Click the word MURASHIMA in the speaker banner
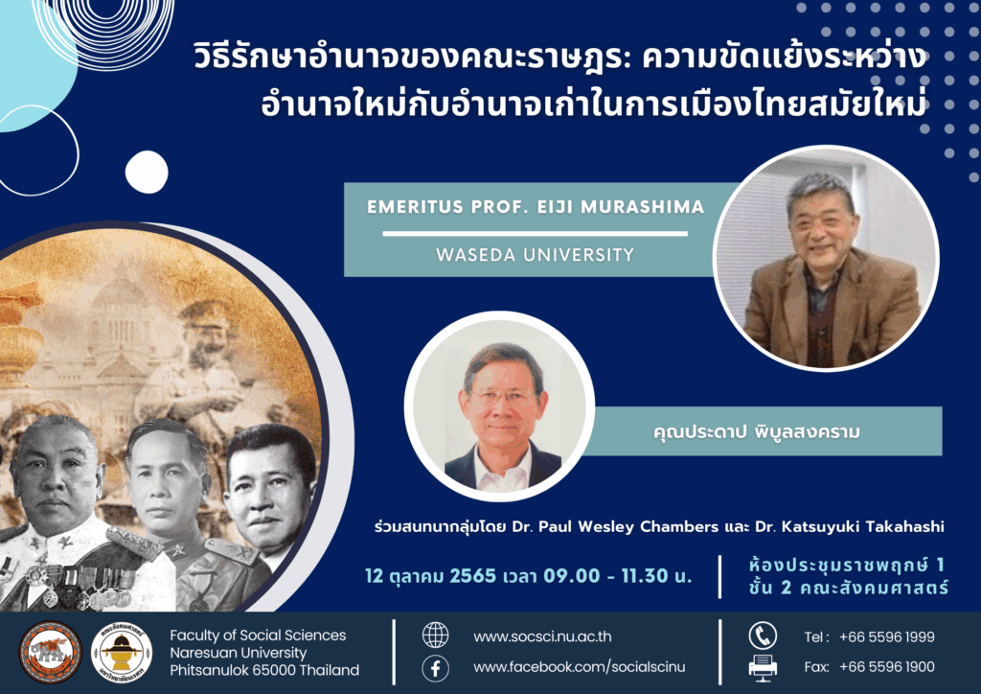(x=643, y=207)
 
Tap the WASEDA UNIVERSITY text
(x=535, y=255)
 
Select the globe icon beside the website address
(x=436, y=636)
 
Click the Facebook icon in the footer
(x=436, y=668)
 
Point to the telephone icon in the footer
(x=763, y=636)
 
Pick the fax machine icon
(x=763, y=668)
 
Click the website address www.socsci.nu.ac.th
(x=542, y=637)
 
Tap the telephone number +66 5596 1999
(x=886, y=637)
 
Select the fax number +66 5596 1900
(x=886, y=667)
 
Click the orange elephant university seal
(x=50, y=652)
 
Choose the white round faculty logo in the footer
(x=122, y=652)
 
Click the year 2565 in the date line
(x=473, y=576)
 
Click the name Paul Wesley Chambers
(x=628, y=527)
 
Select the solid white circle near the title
(x=147, y=173)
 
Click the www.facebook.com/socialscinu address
(x=580, y=667)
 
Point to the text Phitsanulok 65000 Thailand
(x=264, y=670)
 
